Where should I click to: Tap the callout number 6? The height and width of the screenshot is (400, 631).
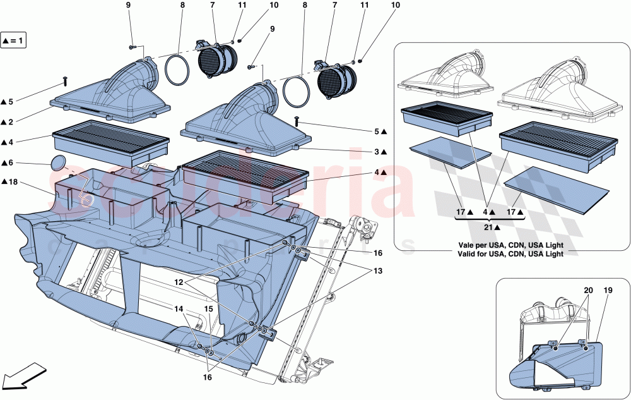(x=11, y=162)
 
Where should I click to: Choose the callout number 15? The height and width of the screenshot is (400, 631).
(x=207, y=310)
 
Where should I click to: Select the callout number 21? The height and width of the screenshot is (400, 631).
(x=488, y=226)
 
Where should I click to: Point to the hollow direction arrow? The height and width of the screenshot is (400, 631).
(x=24, y=377)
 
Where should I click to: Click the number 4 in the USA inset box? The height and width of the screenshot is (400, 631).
(x=486, y=213)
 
